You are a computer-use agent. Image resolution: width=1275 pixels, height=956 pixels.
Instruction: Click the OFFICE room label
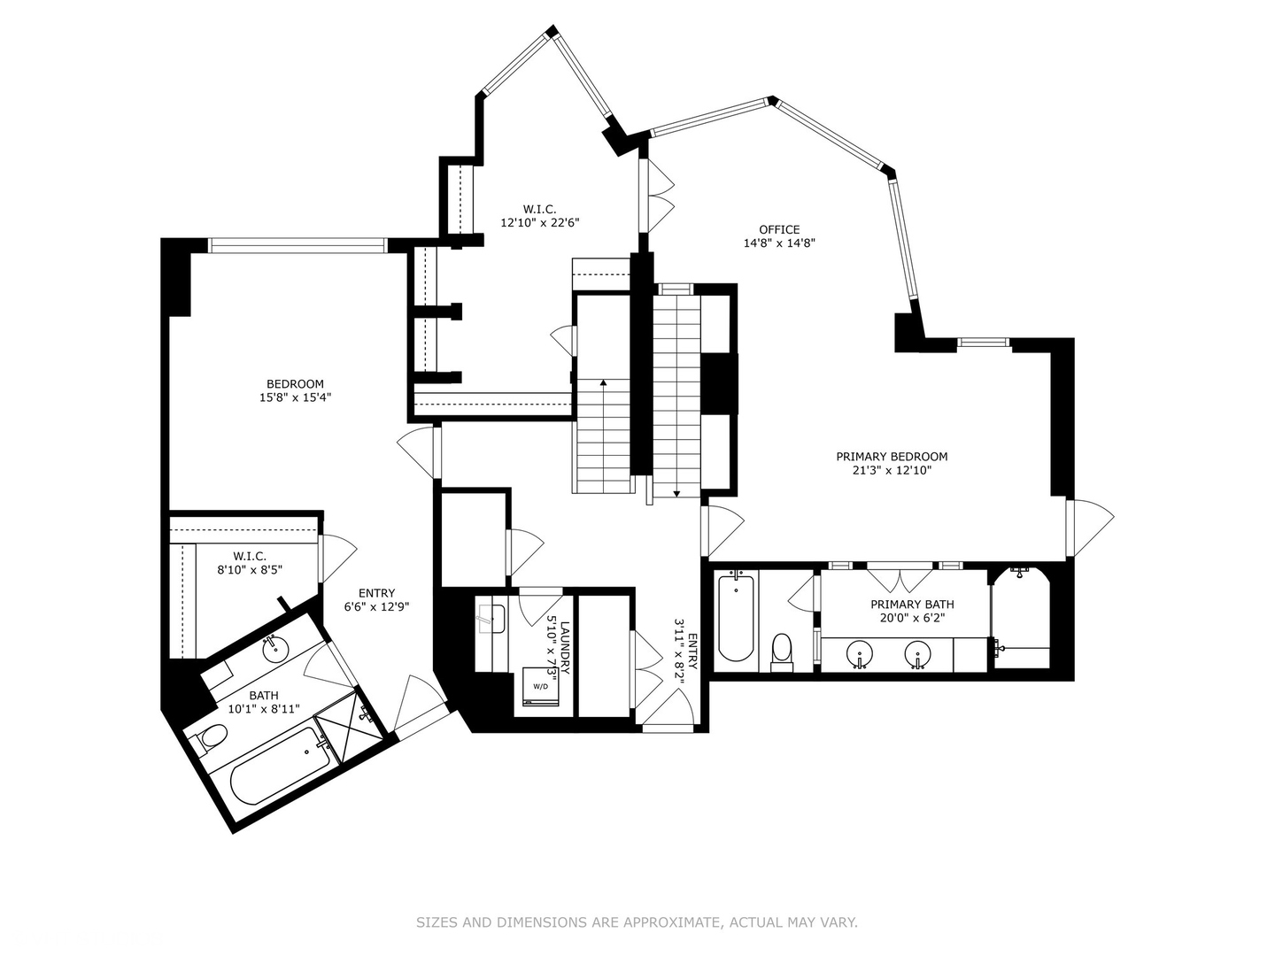click(x=778, y=229)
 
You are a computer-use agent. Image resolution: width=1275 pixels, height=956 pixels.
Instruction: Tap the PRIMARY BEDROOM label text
click(x=892, y=457)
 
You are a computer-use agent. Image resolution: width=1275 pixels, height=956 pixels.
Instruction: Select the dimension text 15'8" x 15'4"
click(x=295, y=397)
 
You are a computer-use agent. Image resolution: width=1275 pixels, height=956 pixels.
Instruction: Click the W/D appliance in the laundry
click(x=539, y=687)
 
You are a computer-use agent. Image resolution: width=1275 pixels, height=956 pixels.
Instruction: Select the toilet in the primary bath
click(x=781, y=650)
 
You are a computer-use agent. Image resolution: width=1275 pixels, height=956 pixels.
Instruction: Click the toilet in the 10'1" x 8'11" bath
click(x=211, y=736)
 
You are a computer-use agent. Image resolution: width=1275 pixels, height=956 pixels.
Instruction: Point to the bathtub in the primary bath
click(x=735, y=618)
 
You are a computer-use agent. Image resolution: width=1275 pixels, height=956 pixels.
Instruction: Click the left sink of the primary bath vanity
click(x=859, y=656)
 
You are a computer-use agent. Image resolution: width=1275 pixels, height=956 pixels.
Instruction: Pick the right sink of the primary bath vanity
click(x=918, y=656)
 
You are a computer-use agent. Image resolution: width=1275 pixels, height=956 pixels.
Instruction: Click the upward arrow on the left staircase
click(x=603, y=384)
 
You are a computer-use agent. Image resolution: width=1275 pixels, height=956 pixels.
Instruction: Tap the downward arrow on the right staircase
click(x=677, y=492)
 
